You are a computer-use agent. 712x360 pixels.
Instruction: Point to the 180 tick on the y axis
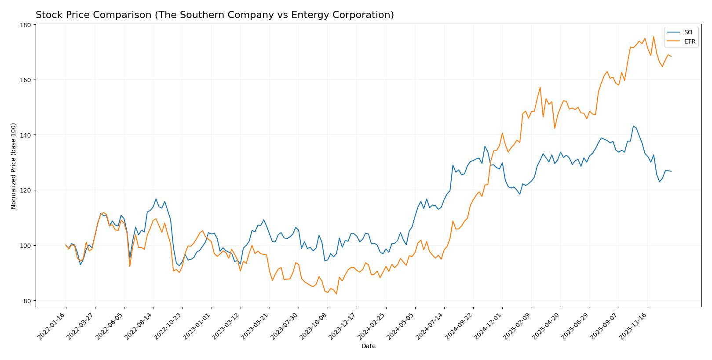pos(26,25)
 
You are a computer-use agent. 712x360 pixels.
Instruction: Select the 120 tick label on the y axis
pos(26,190)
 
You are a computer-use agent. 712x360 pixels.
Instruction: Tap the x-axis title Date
pos(368,346)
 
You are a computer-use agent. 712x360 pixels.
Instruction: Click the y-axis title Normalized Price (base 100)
pos(14,166)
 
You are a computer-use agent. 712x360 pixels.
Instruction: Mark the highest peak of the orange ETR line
pos(654,36)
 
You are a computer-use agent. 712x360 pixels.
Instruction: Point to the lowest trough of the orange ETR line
pos(336,294)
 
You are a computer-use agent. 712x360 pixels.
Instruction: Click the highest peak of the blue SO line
pos(633,126)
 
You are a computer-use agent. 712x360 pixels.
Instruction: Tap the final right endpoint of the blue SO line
pos(671,171)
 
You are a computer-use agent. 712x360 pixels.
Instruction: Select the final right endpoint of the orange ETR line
pos(671,56)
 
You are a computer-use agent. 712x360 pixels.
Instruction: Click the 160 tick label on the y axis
pos(26,80)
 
